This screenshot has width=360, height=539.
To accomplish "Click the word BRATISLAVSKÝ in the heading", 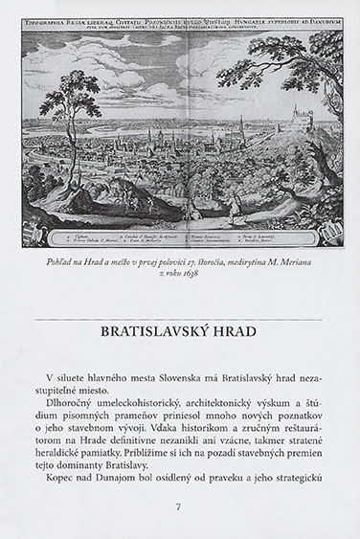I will click(155, 334).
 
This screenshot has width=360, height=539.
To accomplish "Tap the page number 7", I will click(179, 506).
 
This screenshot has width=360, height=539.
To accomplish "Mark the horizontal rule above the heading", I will click(179, 318).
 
